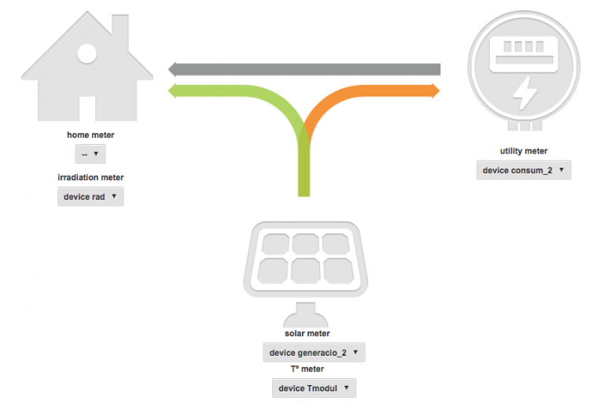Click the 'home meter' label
[x=90, y=135]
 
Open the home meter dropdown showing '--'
[x=90, y=154]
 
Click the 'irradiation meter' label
[x=90, y=177]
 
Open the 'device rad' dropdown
[x=90, y=197]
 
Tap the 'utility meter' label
[x=524, y=151]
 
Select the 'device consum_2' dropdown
[x=524, y=170]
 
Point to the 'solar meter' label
[x=307, y=333]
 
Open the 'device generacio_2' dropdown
[x=314, y=353]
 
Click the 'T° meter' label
[x=307, y=369]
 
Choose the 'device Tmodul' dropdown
[x=314, y=388]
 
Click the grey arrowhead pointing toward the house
[x=172, y=69]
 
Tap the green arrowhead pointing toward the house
[x=172, y=91]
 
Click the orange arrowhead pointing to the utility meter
[x=436, y=91]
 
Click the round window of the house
[x=87, y=54]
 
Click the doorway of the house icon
[x=87, y=109]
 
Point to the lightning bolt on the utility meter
[x=525, y=94]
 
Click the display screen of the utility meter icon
[x=524, y=54]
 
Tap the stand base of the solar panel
[x=305, y=315]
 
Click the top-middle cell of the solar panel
[x=305, y=244]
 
